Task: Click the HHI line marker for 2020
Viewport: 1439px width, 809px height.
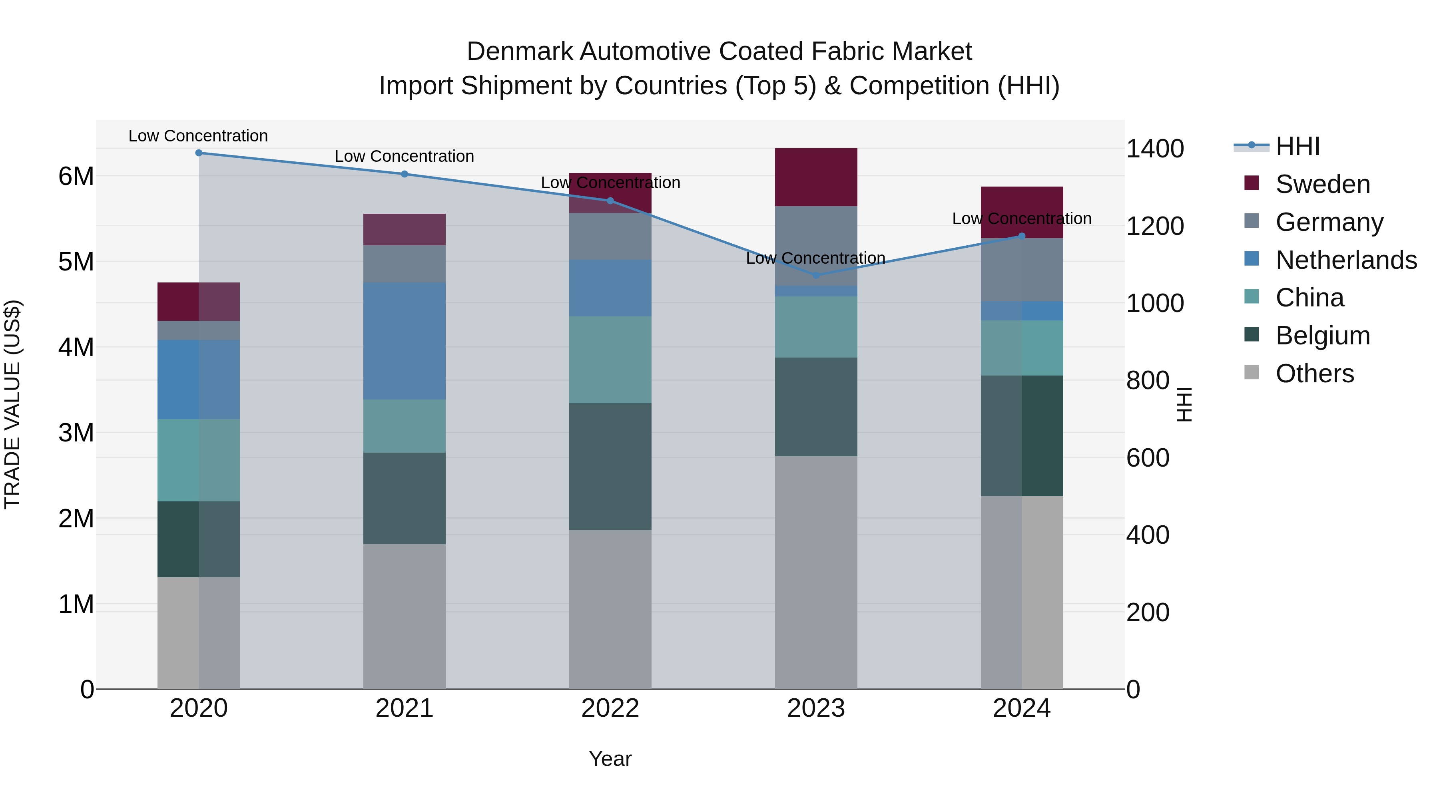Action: (199, 153)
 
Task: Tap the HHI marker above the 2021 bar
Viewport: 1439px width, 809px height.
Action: (405, 174)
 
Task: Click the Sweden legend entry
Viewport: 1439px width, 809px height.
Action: (1322, 184)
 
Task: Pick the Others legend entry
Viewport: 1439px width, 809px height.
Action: (1314, 374)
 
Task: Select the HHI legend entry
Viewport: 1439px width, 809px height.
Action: (1297, 146)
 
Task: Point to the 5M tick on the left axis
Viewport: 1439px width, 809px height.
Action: (76, 262)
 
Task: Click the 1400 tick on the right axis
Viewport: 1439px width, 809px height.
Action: (1154, 149)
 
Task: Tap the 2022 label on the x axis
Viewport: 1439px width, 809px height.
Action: (610, 708)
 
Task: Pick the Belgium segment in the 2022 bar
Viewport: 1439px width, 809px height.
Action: (610, 466)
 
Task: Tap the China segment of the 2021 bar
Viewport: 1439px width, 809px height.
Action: (405, 426)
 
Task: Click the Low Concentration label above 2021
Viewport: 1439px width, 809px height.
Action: (405, 156)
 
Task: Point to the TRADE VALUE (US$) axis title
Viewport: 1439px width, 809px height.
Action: (12, 404)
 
